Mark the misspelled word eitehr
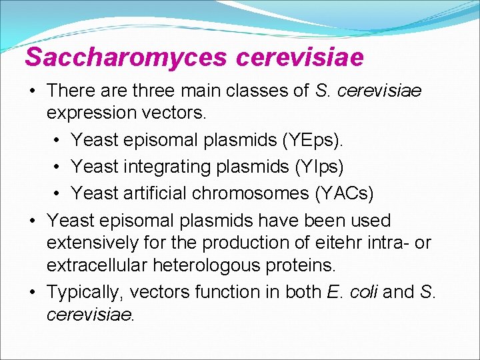click(x=335, y=243)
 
